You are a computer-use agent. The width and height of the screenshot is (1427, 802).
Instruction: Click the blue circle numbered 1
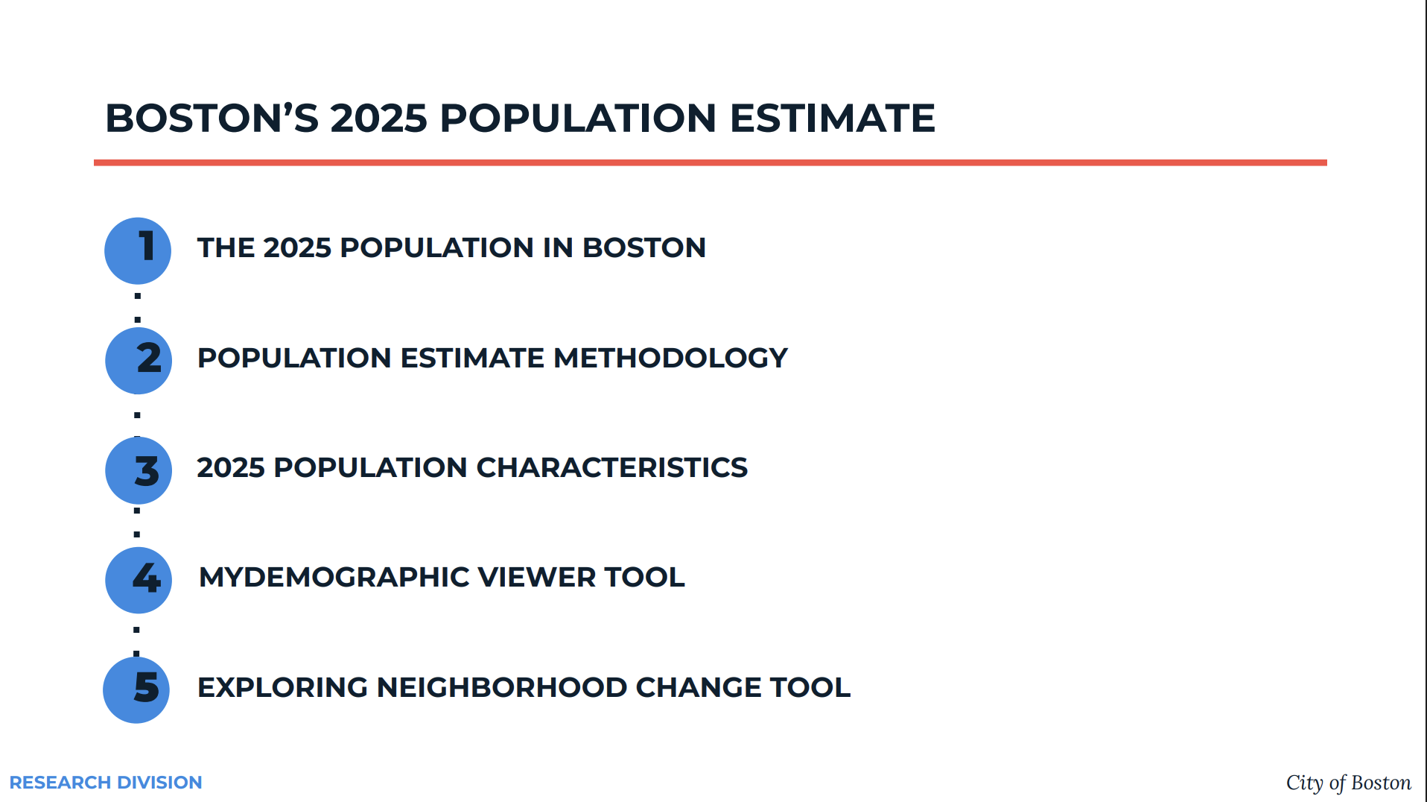coord(138,250)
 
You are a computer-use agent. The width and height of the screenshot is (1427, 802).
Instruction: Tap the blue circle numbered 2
coord(139,361)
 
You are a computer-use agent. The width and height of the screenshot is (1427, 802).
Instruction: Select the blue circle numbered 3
coord(139,470)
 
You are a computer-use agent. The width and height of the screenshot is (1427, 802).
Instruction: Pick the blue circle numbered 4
coord(139,580)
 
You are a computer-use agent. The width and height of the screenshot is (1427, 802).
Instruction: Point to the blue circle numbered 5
coord(136,689)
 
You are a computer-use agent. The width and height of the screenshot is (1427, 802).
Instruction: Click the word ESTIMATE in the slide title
coord(832,118)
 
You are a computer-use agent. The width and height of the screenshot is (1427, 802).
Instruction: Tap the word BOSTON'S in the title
coord(212,118)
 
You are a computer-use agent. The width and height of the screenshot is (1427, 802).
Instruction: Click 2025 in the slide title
coord(379,118)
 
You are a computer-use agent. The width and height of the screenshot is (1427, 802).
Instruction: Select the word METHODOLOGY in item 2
coord(670,358)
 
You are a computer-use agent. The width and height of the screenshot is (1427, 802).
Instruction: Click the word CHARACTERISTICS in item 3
coord(611,467)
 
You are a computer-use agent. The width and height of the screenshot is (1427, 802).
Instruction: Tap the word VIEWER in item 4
coord(536,577)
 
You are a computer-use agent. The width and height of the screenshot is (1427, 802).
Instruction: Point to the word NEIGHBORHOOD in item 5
coord(502,687)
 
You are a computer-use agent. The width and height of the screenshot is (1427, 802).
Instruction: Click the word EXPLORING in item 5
coord(283,687)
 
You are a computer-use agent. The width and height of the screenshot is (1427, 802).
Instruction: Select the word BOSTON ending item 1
coord(644,247)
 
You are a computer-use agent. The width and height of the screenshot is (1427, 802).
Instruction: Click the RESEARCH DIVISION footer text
coord(106,783)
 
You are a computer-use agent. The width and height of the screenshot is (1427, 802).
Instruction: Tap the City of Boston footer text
coord(1349,783)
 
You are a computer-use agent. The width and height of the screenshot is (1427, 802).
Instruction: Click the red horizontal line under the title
coord(711,162)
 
